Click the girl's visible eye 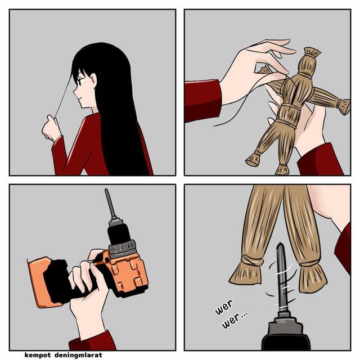tap(80, 81)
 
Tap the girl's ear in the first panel tap(93, 80)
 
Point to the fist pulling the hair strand tap(51, 128)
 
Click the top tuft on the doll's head tap(312, 52)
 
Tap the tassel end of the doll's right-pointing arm tap(344, 106)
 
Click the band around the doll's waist tap(287, 123)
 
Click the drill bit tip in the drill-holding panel tap(106, 190)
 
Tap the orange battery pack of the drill tap(40, 282)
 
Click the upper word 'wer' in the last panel tap(224, 307)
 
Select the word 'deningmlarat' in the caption tap(78, 355)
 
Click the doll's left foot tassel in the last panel tap(246, 271)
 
